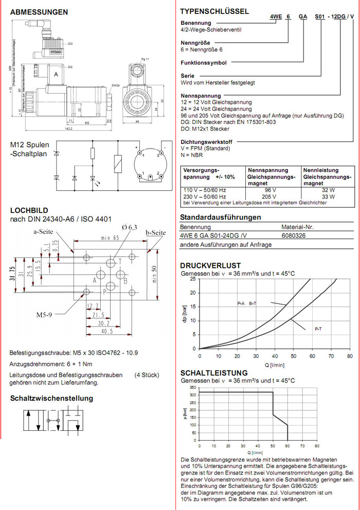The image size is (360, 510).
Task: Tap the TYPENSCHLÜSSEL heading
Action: (214, 11)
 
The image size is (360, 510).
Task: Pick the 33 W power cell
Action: (328, 196)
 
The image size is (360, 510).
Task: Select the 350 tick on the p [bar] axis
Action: (192, 387)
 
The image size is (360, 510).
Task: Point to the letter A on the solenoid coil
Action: (56, 75)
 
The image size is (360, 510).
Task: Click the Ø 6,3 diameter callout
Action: (130, 227)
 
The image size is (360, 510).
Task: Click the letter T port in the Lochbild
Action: (120, 261)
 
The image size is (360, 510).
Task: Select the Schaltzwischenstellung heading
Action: (51, 398)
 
